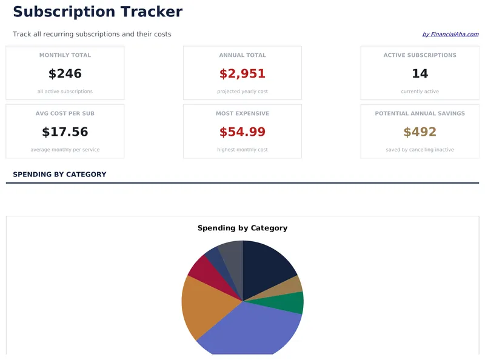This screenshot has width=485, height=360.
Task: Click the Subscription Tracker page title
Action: pyautogui.click(x=97, y=12)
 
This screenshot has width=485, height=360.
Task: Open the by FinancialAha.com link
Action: pyautogui.click(x=450, y=35)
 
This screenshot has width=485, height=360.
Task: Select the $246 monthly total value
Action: pyautogui.click(x=65, y=74)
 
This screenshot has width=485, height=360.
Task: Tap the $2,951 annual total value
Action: pyautogui.click(x=242, y=74)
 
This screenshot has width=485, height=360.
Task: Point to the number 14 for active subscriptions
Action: pyautogui.click(x=420, y=74)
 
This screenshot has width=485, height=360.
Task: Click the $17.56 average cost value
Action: pyautogui.click(x=65, y=132)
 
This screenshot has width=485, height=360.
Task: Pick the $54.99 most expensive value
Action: pyautogui.click(x=242, y=132)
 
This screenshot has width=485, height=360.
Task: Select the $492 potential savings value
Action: pyautogui.click(x=420, y=132)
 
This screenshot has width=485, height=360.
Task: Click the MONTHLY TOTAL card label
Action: pyautogui.click(x=65, y=55)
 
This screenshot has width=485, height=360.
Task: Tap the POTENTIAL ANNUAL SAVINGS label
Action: pyautogui.click(x=420, y=113)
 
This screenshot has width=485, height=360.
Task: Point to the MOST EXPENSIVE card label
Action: pyautogui.click(x=242, y=113)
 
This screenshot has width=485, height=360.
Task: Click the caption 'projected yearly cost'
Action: pyautogui.click(x=242, y=92)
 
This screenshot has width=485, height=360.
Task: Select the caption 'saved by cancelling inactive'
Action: pyautogui.click(x=420, y=150)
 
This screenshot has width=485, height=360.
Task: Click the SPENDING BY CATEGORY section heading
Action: pyautogui.click(x=59, y=175)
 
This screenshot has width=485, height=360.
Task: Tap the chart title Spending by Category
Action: pyautogui.click(x=242, y=228)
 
